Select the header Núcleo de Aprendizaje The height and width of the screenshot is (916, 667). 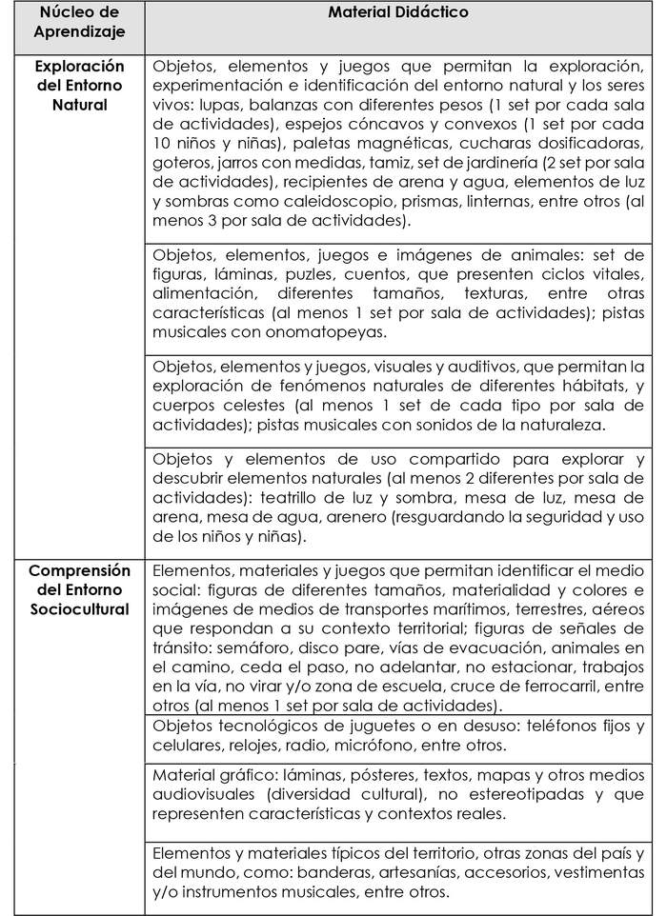coord(80,28)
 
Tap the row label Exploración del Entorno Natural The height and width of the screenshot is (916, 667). coord(80,85)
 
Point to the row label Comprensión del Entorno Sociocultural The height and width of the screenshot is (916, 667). coord(80,589)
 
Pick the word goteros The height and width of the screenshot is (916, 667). coord(180,163)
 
